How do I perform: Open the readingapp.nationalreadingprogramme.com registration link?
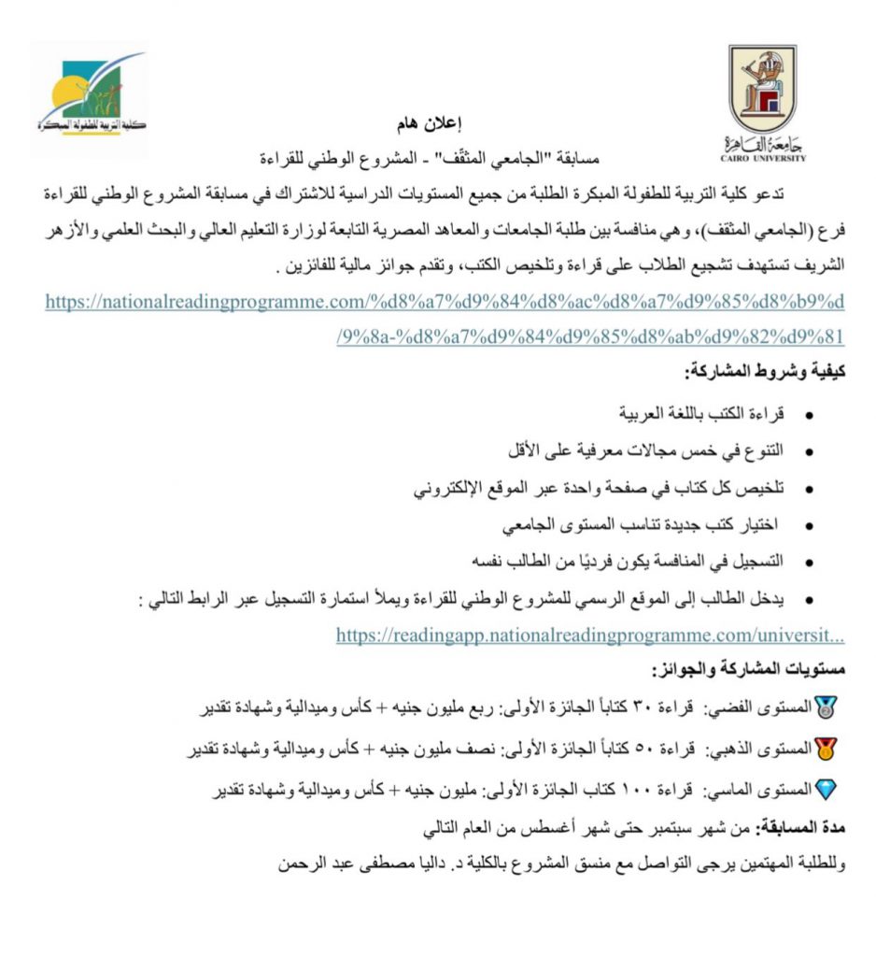pyautogui.click(x=590, y=636)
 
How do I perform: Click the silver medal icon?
pyautogui.click(x=827, y=707)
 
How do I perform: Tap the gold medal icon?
pyautogui.click(x=827, y=748)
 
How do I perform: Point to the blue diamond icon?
pyautogui.click(x=827, y=789)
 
